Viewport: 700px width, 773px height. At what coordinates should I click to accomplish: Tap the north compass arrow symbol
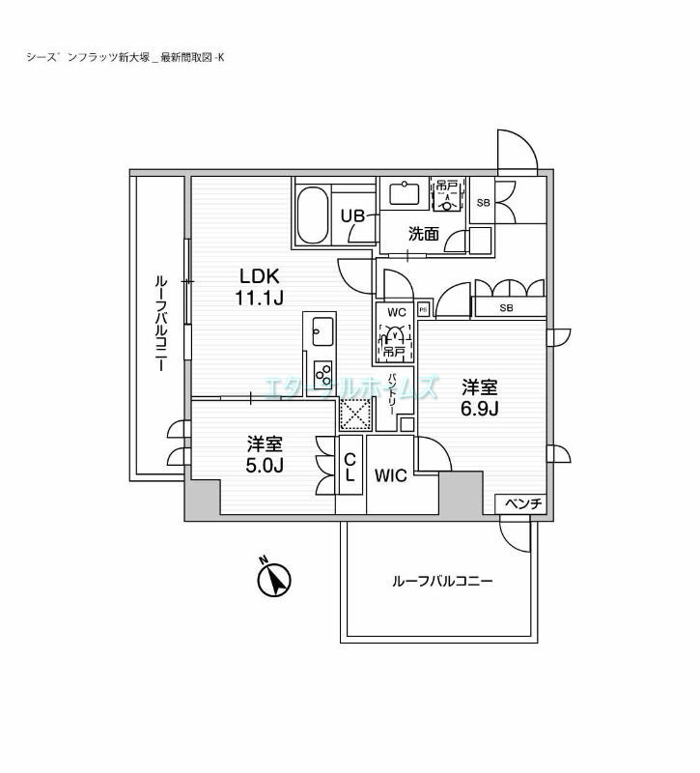(275, 580)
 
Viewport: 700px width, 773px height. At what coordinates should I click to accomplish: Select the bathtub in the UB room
(312, 215)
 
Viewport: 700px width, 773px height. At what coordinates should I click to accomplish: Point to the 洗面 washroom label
(424, 233)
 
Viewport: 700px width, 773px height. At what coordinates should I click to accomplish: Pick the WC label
(396, 312)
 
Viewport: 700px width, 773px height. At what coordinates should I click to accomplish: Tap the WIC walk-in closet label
(390, 474)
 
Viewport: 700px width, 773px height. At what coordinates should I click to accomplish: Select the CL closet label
(350, 466)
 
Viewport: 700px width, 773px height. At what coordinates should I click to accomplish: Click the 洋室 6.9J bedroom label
(479, 397)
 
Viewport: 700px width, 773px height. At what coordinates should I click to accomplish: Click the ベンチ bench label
(522, 503)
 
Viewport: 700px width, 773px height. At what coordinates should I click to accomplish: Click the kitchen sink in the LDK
(321, 329)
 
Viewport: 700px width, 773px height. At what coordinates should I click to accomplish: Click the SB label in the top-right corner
(483, 203)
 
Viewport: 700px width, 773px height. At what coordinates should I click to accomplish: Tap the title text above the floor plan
(126, 57)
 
